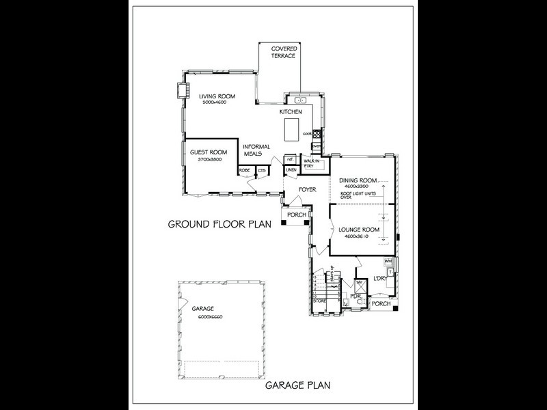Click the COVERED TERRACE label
pyautogui.click(x=283, y=52)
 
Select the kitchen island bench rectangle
pyautogui.click(x=291, y=127)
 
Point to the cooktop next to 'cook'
pyautogui.click(x=316, y=133)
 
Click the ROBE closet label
pyautogui.click(x=244, y=169)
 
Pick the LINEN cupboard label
pyautogui.click(x=290, y=169)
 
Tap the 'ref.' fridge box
pyautogui.click(x=290, y=159)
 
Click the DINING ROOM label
pyautogui.click(x=358, y=180)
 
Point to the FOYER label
pyautogui.click(x=306, y=189)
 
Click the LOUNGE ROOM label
pyautogui.click(x=359, y=230)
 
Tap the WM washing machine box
pyautogui.click(x=388, y=261)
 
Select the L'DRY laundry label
pyautogui.click(x=379, y=277)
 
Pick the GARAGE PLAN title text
pyautogui.click(x=298, y=385)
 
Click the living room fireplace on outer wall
pyautogui.click(x=181, y=91)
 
